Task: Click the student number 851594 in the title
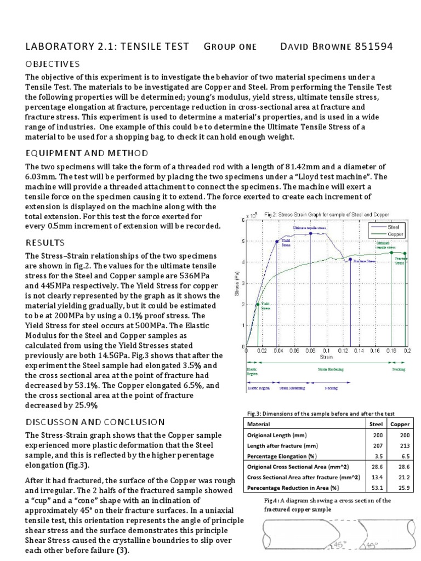[x=373, y=47]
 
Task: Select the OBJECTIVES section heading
[x=53, y=65]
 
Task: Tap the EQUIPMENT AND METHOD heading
[x=87, y=152]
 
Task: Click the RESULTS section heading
[x=45, y=242]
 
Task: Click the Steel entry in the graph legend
[x=394, y=226]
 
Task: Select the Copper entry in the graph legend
[x=396, y=233]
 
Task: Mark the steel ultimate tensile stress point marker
[x=311, y=233]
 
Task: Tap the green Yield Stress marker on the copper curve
[x=258, y=305]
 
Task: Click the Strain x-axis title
[x=327, y=356]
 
